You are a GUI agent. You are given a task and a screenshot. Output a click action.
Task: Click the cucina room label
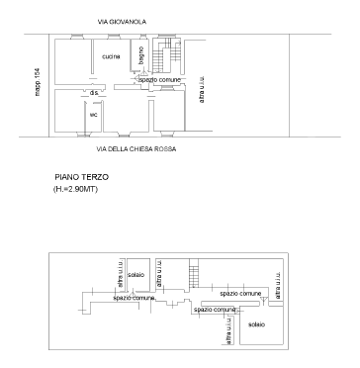[112, 56]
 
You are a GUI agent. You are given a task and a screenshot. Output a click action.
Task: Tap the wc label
[93, 114]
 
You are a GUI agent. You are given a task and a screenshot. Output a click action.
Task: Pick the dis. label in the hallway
[94, 92]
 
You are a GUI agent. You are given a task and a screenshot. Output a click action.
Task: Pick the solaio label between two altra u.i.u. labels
[136, 274]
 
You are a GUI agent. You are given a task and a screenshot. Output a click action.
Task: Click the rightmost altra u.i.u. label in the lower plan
[278, 285]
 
